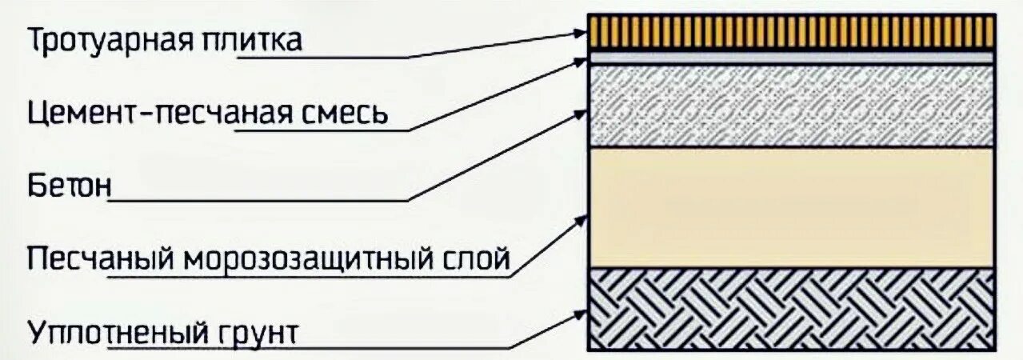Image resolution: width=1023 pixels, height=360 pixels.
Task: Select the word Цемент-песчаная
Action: coord(158,114)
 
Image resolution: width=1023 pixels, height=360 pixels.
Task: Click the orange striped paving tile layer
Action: coord(791,32)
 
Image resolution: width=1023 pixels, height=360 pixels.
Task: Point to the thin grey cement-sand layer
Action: coord(791,58)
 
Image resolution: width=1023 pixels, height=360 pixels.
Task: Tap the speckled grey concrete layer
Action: coord(791,105)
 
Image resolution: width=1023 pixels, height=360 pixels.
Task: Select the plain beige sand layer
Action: coord(791,207)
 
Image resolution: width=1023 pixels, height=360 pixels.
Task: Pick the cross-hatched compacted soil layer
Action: coord(791,308)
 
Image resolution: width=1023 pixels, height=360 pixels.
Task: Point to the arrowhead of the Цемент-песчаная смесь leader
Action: coord(581,61)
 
